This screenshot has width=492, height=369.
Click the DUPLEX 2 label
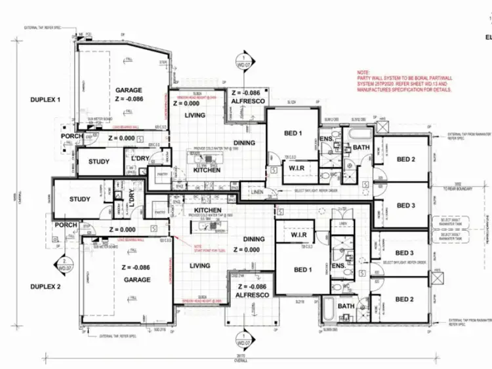45,287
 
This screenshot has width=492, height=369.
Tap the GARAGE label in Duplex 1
129,90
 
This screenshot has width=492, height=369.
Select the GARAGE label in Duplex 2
136,280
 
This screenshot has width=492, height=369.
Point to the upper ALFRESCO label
247,102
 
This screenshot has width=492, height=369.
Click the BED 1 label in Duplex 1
293,134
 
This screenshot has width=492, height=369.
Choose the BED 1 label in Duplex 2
302,269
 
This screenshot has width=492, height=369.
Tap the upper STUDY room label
98,161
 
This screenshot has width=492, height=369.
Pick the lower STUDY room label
80,199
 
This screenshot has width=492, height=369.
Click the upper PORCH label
72,136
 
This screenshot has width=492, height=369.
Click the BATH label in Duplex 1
362,147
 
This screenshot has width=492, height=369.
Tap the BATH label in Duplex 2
346,306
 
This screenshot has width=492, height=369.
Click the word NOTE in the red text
363,72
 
